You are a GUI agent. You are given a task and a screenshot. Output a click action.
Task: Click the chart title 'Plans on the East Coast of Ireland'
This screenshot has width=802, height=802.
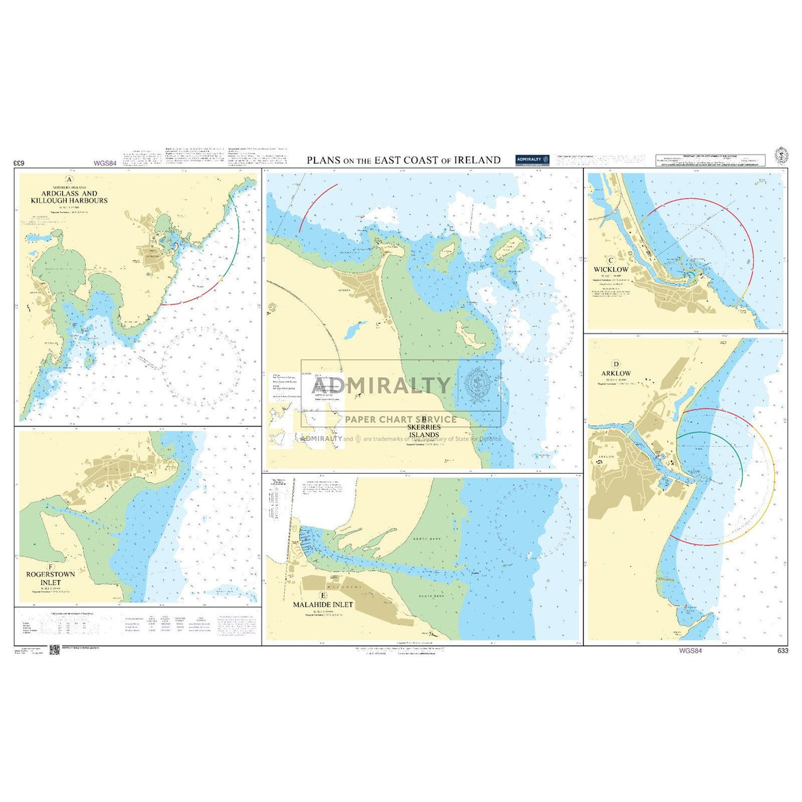coord(403,160)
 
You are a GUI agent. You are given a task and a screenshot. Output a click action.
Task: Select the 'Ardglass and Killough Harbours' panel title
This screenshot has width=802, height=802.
coord(69,197)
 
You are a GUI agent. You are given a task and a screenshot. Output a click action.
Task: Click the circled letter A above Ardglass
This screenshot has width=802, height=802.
coord(69,180)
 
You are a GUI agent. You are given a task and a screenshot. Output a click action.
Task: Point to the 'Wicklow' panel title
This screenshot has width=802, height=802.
coord(611,270)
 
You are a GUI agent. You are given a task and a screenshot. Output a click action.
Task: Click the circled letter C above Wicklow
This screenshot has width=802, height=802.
coord(611,260)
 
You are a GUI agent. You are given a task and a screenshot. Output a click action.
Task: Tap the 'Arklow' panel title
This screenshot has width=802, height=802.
coord(616,373)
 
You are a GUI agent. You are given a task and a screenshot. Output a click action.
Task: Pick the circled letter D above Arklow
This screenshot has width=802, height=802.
coord(616,364)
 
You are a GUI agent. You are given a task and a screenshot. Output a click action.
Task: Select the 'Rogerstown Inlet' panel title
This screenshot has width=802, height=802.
coord(50,578)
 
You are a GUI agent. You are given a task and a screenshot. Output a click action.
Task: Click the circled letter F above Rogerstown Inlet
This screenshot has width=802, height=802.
coord(50,567)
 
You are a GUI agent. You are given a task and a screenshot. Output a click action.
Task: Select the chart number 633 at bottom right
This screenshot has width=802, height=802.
coord(783,651)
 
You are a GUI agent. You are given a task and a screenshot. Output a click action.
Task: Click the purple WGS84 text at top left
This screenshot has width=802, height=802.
coord(105,163)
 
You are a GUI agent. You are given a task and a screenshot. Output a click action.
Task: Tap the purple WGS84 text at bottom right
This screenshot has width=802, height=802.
coord(690,651)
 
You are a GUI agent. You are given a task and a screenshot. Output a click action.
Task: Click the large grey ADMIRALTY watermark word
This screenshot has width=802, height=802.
coord(381,384)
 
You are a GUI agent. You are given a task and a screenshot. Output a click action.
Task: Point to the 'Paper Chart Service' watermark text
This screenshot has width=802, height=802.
coord(400,419)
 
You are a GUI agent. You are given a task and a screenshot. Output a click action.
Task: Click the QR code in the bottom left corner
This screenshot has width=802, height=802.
coord(55,650)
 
